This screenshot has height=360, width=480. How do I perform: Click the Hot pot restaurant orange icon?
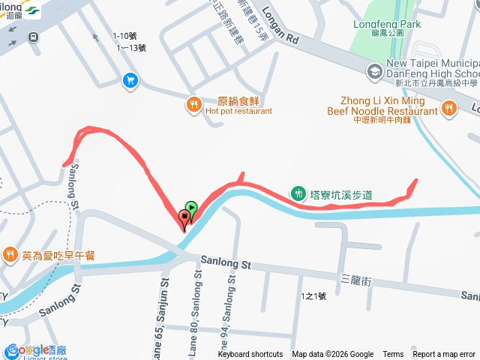193,105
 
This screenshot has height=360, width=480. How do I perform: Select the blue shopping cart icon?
130,79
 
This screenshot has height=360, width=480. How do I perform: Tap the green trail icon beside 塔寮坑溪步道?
298,193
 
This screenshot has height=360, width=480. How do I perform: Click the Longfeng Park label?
386,24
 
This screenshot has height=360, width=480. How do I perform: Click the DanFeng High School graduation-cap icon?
373,71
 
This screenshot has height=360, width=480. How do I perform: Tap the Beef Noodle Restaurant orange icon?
448,109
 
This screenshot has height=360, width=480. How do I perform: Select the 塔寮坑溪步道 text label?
341,195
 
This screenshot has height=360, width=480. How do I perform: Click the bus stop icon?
33,37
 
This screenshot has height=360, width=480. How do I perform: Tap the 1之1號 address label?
313,296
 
